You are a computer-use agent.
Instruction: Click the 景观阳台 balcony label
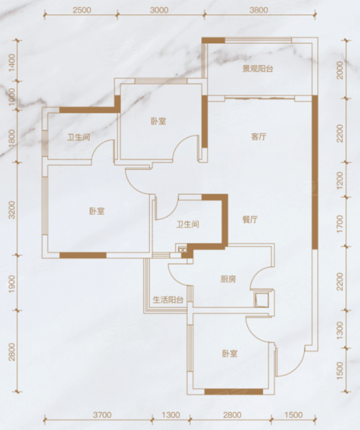click(258, 69)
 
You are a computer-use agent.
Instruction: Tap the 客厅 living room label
click(258, 137)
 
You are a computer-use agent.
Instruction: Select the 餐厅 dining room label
click(250, 220)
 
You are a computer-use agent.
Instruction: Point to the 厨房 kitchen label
click(228, 279)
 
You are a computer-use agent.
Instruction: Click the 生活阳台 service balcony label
click(168, 300)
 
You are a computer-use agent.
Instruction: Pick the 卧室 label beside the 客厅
click(158, 121)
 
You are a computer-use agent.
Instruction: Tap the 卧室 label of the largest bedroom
click(97, 211)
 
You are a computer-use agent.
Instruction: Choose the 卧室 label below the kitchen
click(230, 354)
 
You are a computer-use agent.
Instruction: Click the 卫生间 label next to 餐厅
click(187, 225)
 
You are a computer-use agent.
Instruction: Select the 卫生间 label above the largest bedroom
click(79, 137)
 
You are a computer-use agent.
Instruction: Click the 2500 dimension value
click(81, 10)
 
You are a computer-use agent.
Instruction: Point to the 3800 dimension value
click(258, 10)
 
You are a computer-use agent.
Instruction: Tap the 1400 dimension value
click(11, 63)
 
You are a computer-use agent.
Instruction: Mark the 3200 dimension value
click(11, 210)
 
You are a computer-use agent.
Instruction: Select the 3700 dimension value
click(102, 415)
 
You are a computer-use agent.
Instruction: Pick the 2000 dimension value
click(340, 70)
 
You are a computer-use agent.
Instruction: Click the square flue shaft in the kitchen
click(260, 299)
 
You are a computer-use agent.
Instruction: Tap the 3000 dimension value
click(159, 10)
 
